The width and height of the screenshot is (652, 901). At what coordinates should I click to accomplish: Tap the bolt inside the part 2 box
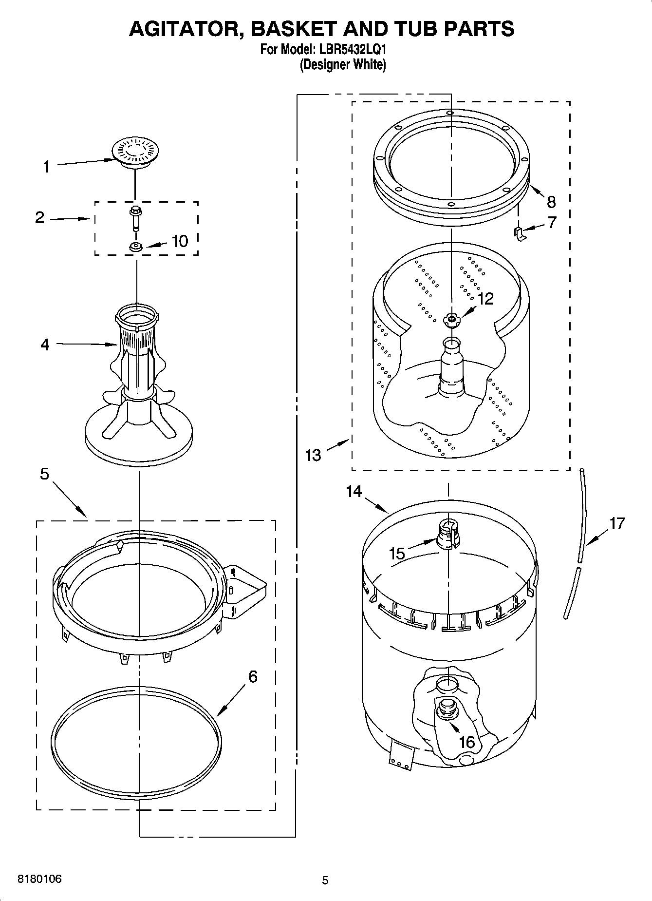[x=135, y=217]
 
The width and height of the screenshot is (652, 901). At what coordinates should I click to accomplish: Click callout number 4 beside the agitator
[x=45, y=345]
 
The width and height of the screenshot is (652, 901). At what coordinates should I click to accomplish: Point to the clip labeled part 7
[x=519, y=233]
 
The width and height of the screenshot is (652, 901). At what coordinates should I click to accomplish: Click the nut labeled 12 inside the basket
[x=451, y=320]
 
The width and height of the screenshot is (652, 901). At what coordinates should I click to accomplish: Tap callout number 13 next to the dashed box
[x=313, y=455]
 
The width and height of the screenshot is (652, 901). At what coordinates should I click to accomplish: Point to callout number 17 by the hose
[x=616, y=523]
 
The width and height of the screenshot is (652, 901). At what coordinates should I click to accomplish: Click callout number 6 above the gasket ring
[x=253, y=676]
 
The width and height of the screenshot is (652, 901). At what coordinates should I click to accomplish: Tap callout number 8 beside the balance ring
[x=551, y=201]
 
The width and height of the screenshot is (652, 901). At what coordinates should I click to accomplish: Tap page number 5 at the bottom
[x=325, y=880]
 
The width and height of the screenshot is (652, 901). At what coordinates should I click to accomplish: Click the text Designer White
[x=343, y=64]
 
